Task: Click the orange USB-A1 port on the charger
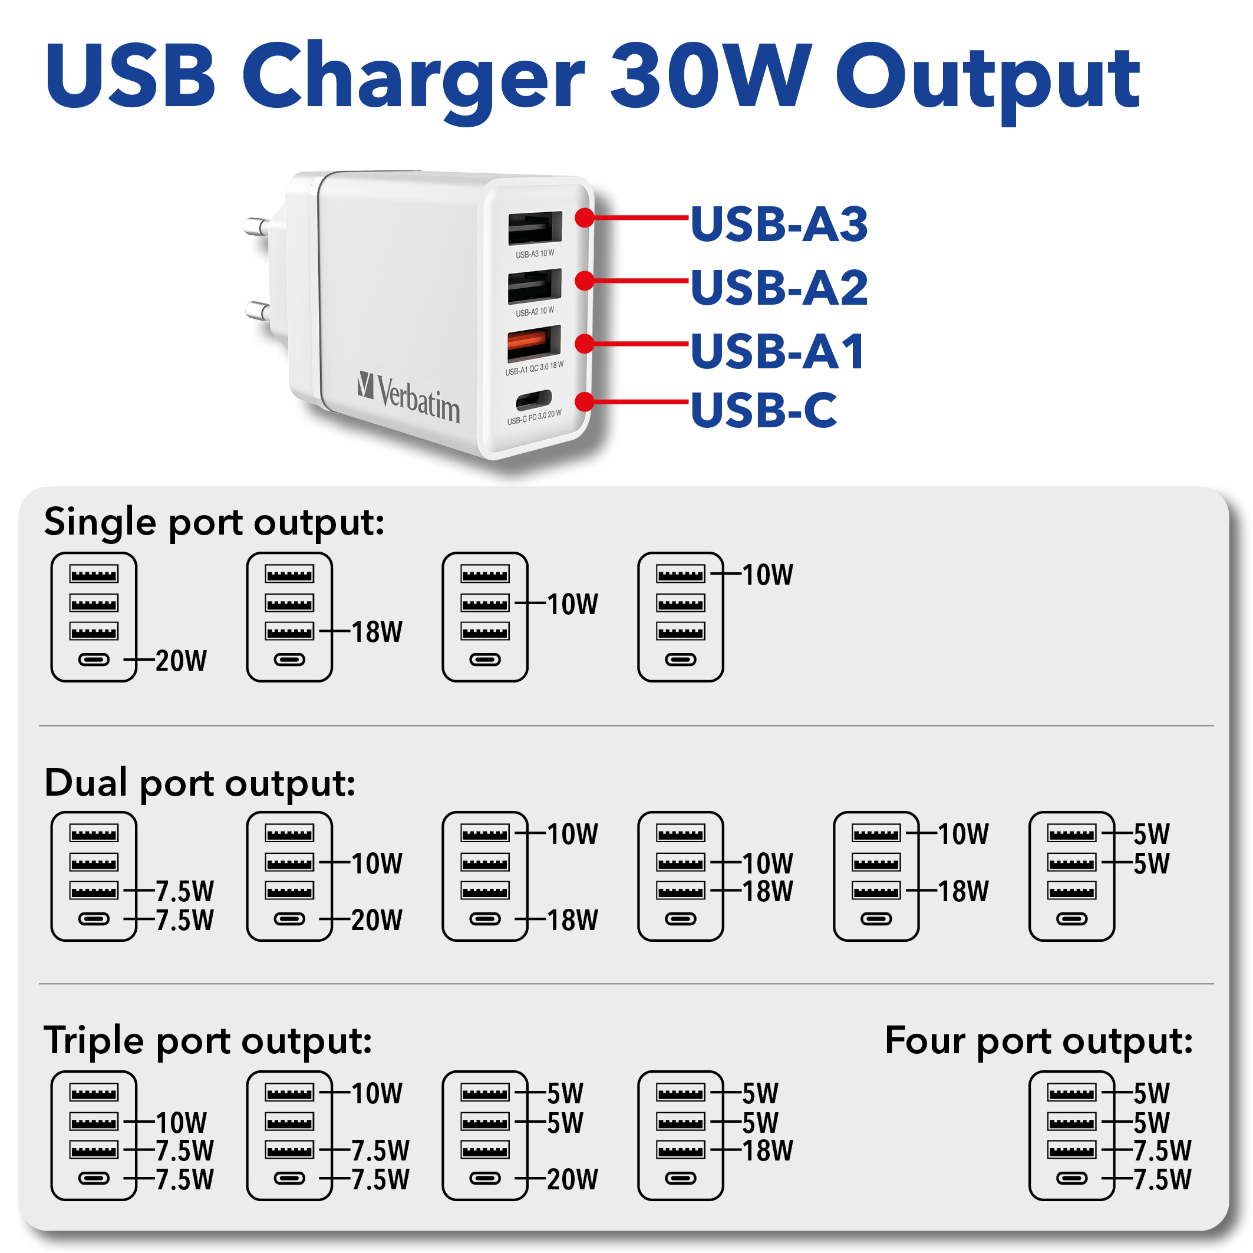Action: point(534,343)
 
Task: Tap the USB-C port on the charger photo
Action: point(534,400)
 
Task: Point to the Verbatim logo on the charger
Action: point(408,397)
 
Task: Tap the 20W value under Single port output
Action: point(181,661)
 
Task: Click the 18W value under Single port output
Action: point(377,632)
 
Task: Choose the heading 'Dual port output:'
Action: point(200,783)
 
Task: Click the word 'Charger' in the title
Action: point(414,78)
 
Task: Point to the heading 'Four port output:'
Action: point(1039,1041)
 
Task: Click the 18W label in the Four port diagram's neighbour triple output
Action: point(767,1150)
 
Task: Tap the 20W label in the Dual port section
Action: point(377,919)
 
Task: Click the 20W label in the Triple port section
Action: point(573,1179)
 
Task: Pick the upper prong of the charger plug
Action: point(257,226)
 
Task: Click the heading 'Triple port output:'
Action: point(208,1041)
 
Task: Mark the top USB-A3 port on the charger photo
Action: point(535,227)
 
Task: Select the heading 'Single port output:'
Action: point(214,523)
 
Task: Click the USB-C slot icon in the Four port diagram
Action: point(1071,1178)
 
